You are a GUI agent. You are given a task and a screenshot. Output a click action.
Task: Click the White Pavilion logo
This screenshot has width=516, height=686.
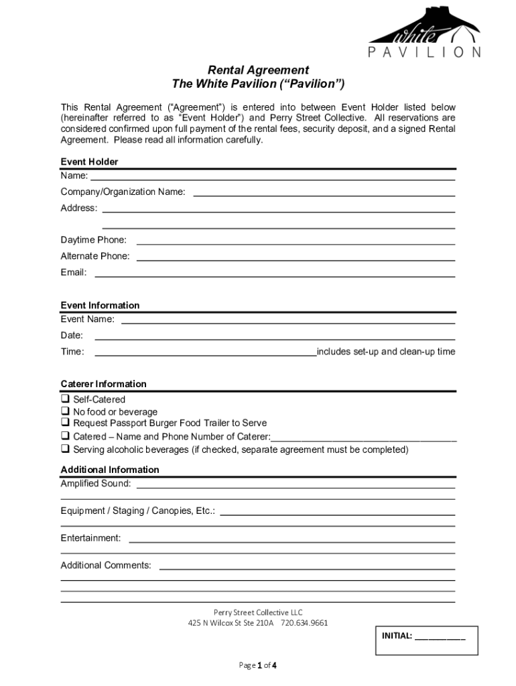(424, 32)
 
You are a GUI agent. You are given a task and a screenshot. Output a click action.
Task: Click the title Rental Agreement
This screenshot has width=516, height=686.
(258, 70)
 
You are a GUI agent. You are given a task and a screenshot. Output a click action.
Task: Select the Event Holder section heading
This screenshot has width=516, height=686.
(89, 162)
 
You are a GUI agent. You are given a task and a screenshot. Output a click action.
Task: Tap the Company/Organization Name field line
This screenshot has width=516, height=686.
(324, 194)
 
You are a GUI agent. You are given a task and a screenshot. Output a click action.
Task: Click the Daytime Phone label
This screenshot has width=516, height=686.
(93, 240)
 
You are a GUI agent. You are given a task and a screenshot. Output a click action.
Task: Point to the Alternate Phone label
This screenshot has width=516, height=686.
(95, 256)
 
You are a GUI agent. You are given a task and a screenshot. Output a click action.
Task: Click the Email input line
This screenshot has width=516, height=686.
(275, 275)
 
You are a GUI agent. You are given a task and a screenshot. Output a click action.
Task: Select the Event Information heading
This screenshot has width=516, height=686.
(100, 305)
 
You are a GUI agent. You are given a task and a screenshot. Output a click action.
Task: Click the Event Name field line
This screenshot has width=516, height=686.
(288, 322)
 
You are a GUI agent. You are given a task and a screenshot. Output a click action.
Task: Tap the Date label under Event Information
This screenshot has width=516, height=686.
(72, 335)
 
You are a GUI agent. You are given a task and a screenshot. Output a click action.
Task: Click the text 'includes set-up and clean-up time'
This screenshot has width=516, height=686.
(386, 352)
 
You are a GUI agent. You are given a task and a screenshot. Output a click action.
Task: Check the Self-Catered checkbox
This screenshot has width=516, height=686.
(66, 399)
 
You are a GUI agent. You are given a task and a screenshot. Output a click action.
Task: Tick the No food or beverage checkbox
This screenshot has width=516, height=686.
(66, 411)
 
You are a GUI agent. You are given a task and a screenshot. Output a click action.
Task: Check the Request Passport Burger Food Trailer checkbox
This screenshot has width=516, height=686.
(66, 423)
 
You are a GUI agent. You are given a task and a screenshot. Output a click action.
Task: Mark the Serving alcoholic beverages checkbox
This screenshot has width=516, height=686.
(66, 449)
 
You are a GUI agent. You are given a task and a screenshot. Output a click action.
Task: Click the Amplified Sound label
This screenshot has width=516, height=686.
(96, 483)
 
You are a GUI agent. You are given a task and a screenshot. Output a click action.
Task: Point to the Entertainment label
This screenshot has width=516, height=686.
(90, 538)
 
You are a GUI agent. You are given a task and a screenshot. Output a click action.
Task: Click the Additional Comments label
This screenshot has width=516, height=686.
(106, 565)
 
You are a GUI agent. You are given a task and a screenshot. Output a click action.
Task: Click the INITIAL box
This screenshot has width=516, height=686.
(425, 639)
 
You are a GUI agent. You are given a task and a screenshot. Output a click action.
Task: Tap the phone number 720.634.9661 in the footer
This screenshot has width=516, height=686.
(304, 622)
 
